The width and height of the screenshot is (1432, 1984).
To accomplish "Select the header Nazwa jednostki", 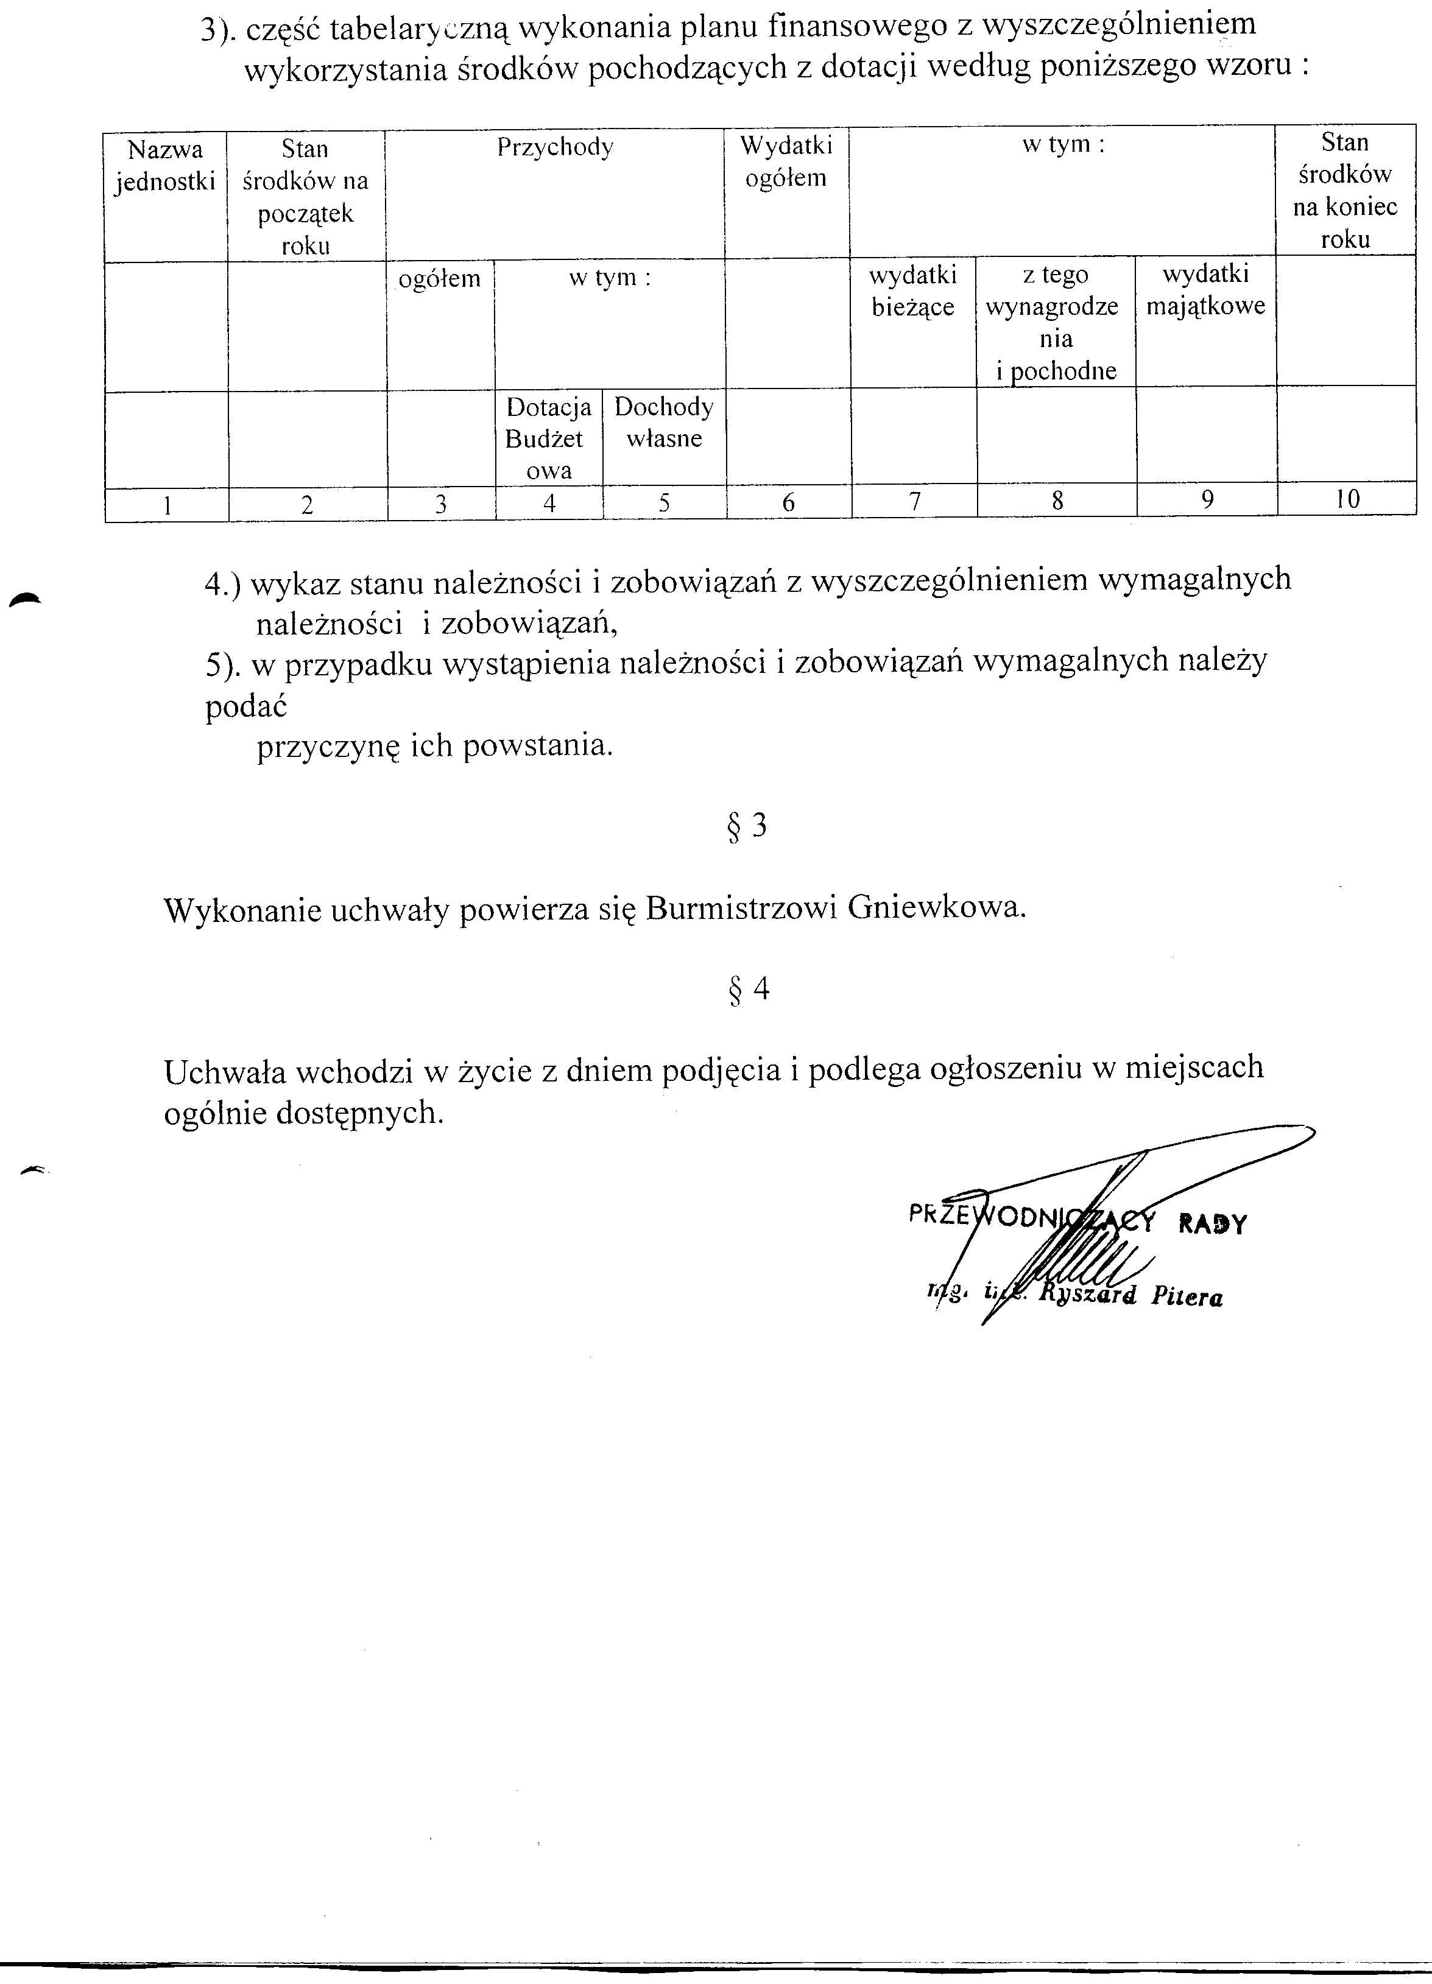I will coord(164,166).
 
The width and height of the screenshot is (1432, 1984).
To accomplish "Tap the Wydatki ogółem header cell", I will coord(786,162).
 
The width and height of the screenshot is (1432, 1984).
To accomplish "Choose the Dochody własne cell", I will coord(664,423).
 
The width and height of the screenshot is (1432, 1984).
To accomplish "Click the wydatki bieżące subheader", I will coord(912,290).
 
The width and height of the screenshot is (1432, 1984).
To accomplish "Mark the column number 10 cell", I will coord(1347,499).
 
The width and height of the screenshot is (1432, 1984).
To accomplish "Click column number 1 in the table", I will coord(166,505).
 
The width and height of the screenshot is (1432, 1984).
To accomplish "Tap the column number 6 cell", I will coord(788,502).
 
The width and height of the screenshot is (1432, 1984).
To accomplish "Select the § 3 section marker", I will coord(747,826).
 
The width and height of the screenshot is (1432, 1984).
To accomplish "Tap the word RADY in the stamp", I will coord(1212,1224).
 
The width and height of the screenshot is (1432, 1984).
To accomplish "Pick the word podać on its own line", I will coord(246,706).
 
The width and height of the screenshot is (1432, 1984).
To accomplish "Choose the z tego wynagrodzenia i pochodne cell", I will coord(1056,323).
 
